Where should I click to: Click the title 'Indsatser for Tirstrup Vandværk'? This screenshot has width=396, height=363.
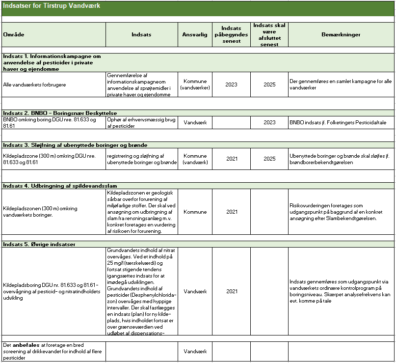click(52, 6)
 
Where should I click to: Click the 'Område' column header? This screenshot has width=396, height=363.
click(14, 35)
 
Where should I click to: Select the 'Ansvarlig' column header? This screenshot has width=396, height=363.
click(195, 35)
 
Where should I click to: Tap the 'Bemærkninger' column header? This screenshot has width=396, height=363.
click(341, 35)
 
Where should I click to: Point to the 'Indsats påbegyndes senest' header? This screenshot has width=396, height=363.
click(231, 35)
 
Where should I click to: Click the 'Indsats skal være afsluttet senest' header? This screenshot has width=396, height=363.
click(269, 35)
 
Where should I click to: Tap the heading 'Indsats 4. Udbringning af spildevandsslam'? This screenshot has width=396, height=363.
click(60, 186)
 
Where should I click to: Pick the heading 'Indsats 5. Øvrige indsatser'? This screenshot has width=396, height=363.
click(39, 244)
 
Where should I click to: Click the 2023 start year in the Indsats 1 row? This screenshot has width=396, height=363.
click(231, 84)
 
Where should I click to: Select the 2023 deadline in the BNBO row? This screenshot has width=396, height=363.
click(269, 122)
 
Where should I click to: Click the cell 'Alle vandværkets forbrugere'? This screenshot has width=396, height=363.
click(34, 84)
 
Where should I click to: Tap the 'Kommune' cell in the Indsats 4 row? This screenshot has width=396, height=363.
click(195, 212)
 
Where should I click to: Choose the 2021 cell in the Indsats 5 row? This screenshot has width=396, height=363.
click(231, 291)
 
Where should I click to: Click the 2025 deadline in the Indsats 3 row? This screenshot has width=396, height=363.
click(269, 159)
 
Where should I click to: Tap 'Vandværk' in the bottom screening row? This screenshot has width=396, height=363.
click(195, 351)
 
